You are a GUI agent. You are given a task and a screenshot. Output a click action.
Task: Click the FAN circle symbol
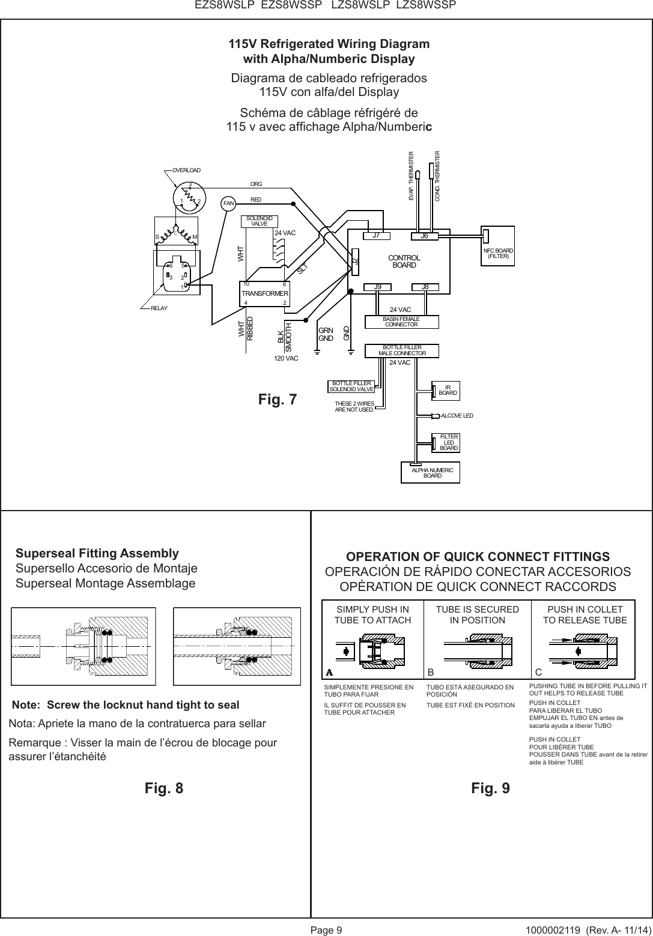click(x=228, y=203)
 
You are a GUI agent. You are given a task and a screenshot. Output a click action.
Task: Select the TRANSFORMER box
click(x=264, y=293)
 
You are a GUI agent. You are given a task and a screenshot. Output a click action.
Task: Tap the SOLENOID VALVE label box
click(x=260, y=221)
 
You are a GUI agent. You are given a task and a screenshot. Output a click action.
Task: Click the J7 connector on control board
click(x=377, y=236)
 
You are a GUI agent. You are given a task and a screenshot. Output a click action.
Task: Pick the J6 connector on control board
click(x=424, y=236)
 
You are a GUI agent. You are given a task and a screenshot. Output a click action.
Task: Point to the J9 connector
click(x=377, y=287)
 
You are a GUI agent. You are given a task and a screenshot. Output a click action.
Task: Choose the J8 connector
click(x=425, y=287)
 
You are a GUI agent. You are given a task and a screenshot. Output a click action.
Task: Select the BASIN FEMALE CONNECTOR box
click(x=401, y=322)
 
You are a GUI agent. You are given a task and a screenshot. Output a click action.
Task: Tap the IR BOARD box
click(x=448, y=391)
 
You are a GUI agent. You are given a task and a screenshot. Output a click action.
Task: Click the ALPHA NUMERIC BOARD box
click(x=432, y=473)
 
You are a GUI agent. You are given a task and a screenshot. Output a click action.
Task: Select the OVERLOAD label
click(x=186, y=170)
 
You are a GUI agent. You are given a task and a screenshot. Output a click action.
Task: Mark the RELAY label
click(x=159, y=308)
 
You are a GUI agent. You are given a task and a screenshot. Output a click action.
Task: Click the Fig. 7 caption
click(x=277, y=399)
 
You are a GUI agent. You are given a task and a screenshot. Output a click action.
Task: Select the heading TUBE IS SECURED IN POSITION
click(x=477, y=614)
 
